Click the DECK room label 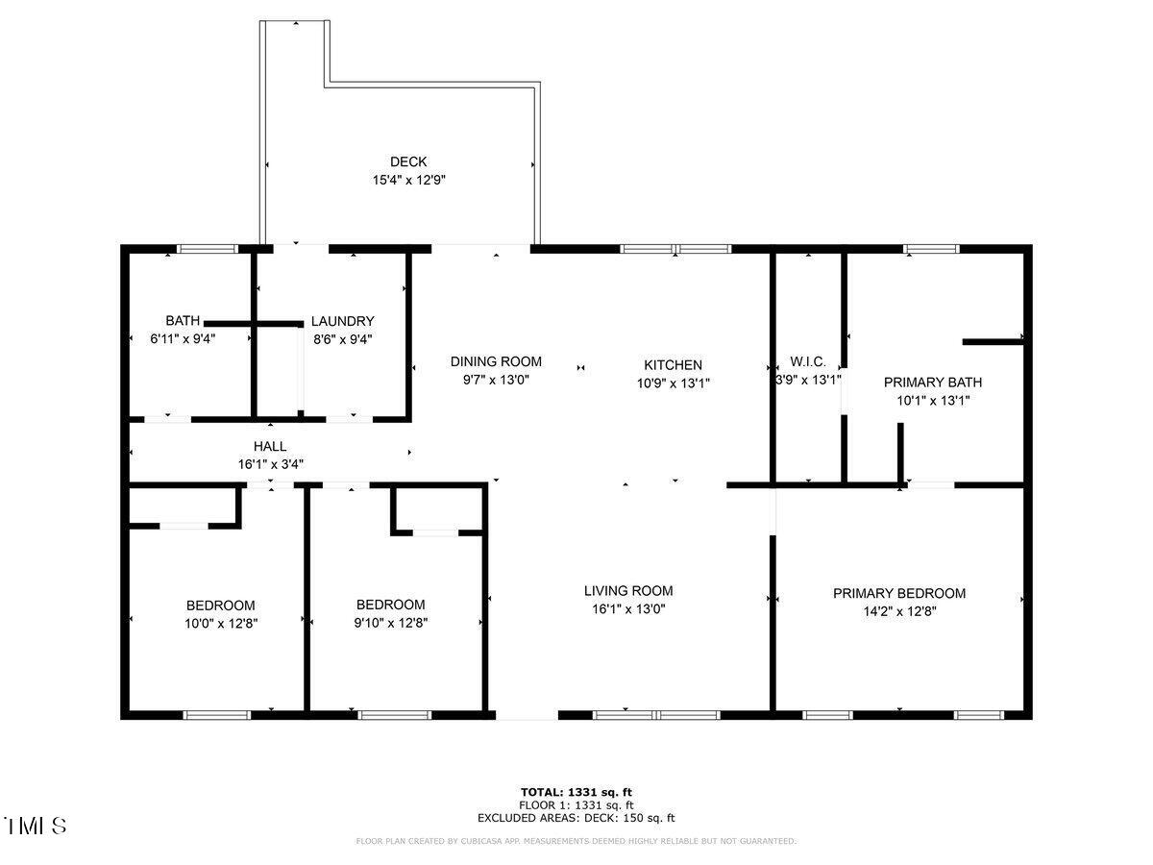(408, 161)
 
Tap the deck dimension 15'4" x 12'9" (408, 180)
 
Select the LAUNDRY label (342, 321)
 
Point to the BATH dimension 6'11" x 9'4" (183, 338)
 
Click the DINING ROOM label (496, 361)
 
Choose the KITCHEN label (673, 364)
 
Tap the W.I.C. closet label (807, 361)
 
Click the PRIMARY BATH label (932, 382)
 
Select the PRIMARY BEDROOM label (898, 593)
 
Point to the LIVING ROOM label (628, 590)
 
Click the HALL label (270, 446)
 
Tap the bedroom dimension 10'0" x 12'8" (221, 623)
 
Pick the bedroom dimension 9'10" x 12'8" (390, 622)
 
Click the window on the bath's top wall (208, 249)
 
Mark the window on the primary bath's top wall (930, 249)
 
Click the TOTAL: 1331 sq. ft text (576, 792)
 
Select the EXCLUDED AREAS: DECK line (576, 818)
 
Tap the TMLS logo (36, 826)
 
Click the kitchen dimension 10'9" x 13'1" (673, 383)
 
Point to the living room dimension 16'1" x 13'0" (628, 608)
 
